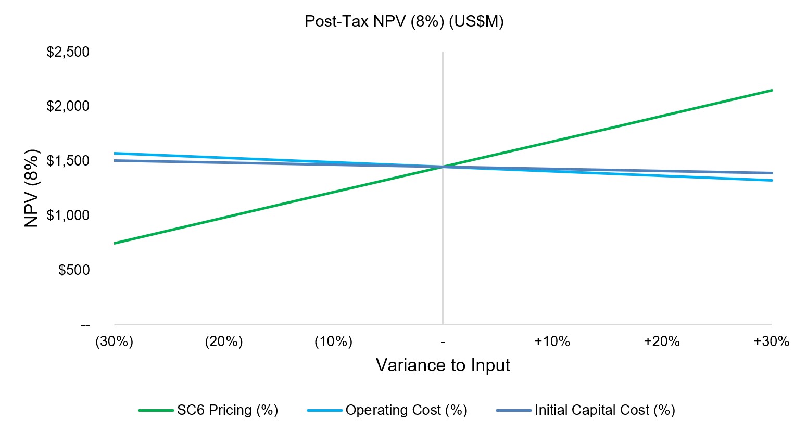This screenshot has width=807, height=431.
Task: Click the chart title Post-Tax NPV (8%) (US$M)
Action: tap(404, 22)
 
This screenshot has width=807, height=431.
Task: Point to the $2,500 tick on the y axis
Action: tap(68, 52)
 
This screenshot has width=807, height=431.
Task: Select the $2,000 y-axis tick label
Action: tap(68, 106)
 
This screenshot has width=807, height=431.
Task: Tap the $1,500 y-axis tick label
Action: tap(68, 161)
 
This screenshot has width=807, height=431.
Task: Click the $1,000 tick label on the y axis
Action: tap(68, 215)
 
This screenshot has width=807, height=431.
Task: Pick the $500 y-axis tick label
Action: tap(74, 270)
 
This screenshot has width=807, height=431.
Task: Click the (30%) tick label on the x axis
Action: tap(115, 342)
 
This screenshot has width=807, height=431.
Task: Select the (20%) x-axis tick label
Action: tap(224, 342)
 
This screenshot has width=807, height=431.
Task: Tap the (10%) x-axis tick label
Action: tap(333, 342)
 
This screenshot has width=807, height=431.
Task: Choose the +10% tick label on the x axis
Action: tap(552, 342)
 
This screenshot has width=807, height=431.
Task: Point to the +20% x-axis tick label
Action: tap(662, 342)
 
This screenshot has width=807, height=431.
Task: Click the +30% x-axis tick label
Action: tap(772, 342)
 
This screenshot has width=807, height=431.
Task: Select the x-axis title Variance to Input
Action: tap(443, 365)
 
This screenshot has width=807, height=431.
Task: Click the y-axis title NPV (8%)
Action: tap(32, 188)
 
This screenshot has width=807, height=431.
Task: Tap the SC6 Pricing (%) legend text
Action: tap(228, 410)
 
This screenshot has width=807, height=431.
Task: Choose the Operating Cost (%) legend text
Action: tap(406, 410)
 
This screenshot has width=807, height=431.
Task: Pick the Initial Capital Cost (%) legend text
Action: tap(604, 410)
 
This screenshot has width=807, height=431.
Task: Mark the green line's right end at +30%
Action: tap(772, 90)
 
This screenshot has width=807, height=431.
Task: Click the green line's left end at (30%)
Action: tap(115, 243)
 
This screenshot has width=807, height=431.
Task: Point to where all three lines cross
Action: tap(443, 167)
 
